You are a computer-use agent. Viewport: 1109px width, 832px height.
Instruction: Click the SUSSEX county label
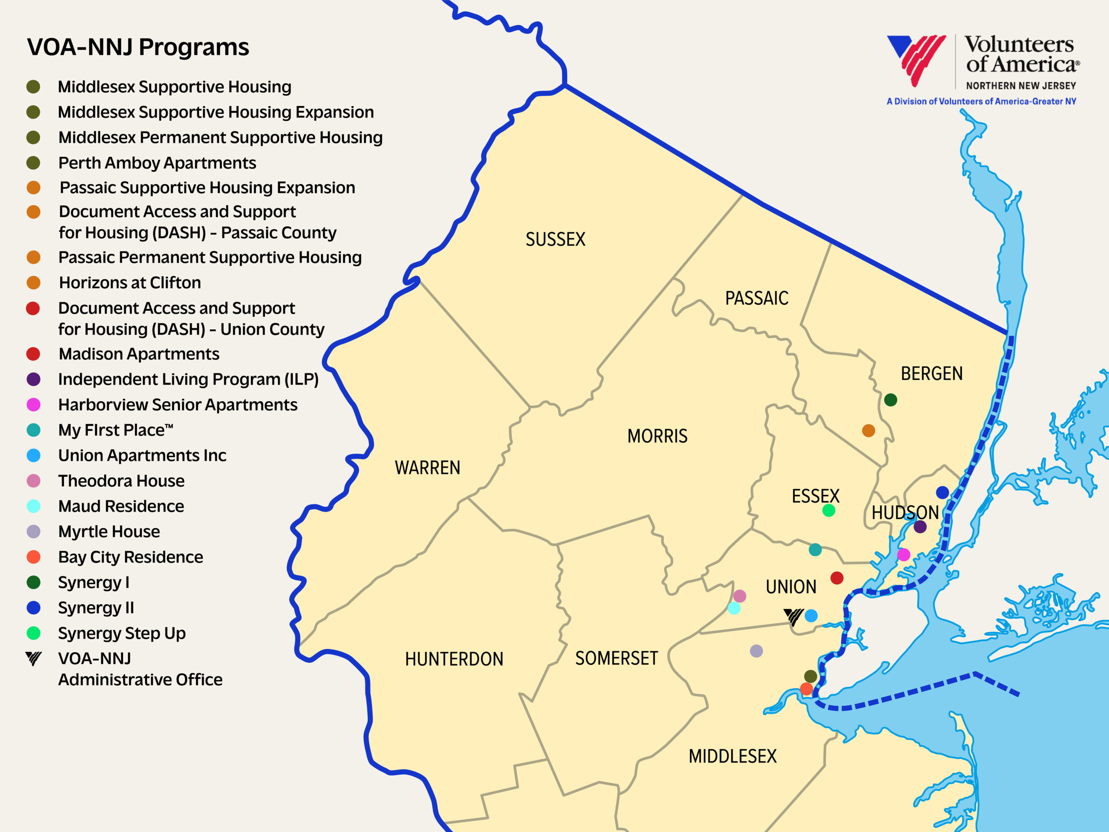click(x=555, y=239)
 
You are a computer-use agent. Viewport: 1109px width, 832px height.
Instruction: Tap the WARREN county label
click(x=427, y=468)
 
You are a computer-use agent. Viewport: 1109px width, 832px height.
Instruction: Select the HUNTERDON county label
click(x=454, y=659)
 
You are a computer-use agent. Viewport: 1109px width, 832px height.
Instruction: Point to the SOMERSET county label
click(x=616, y=658)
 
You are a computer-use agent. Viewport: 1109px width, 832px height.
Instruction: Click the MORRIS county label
click(x=657, y=436)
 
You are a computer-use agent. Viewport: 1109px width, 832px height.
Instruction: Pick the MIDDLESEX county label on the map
click(x=733, y=756)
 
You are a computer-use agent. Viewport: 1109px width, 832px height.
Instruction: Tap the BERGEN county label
click(x=931, y=374)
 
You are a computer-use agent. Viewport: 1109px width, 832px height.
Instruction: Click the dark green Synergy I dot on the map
click(x=890, y=400)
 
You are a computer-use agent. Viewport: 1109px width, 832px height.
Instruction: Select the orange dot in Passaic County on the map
click(x=868, y=430)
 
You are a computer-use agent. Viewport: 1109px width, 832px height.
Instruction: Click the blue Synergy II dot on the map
click(x=943, y=492)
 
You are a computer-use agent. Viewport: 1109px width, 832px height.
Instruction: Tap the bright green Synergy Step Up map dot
click(x=829, y=510)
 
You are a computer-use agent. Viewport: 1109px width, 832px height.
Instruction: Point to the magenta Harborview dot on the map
click(x=903, y=555)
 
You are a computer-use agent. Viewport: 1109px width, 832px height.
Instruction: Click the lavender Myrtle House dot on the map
click(x=756, y=651)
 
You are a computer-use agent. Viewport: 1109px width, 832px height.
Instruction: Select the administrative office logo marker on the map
click(x=793, y=616)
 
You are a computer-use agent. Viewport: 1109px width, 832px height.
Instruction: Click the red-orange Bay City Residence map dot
click(x=806, y=689)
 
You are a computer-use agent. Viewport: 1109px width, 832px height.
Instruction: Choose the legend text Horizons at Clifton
click(x=130, y=283)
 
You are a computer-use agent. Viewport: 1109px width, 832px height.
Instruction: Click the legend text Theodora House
click(x=121, y=481)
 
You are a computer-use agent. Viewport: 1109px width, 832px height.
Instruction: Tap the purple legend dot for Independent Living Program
click(x=34, y=379)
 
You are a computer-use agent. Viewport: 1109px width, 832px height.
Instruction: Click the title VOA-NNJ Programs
click(x=138, y=47)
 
